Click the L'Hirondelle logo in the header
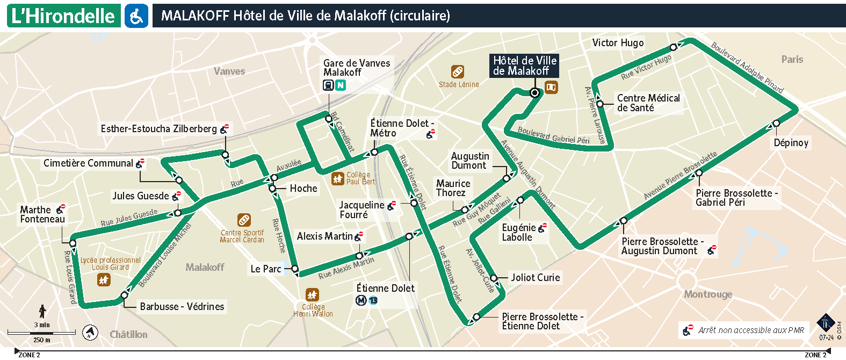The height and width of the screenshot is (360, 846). tap(63, 16)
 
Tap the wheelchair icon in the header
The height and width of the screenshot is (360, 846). tap(136, 16)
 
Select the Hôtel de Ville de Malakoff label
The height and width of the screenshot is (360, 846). tap(524, 66)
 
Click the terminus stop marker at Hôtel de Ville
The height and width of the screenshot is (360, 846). tap(534, 93)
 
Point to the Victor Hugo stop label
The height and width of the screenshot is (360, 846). tap(618, 43)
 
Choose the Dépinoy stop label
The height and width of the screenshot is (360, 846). tap(791, 142)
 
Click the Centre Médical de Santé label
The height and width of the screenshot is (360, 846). tap(648, 103)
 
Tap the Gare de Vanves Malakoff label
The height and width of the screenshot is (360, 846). tap(356, 68)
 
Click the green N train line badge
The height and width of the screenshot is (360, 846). tap(341, 85)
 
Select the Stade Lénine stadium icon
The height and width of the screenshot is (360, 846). tap(458, 71)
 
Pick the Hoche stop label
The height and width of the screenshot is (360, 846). tap(303, 189)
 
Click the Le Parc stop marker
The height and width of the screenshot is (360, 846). tap(295, 269)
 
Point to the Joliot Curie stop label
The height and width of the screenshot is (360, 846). tap(535, 278)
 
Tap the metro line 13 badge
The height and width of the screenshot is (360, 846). tap(373, 301)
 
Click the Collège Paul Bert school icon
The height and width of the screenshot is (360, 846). tap(337, 178)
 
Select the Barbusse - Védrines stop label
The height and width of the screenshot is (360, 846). tap(182, 307)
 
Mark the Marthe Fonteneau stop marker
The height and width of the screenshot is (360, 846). tap(73, 243)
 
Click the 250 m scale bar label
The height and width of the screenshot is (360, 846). tap(42, 340)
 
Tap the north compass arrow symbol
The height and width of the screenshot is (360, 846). tap(90, 333)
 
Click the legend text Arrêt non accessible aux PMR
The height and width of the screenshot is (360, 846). tap(751, 330)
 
